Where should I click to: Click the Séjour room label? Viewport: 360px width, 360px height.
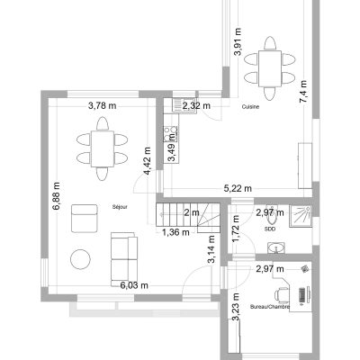[120, 207]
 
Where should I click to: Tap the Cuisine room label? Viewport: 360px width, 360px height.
[250, 106]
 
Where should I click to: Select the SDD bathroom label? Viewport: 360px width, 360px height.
[270, 229]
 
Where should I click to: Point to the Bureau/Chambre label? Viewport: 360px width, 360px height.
[270, 307]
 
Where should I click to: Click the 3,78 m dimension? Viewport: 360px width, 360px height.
[103, 105]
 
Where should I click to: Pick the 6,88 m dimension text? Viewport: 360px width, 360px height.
[56, 196]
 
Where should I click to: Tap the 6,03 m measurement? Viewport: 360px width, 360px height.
[134, 285]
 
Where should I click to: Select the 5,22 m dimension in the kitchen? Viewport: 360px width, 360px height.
[238, 188]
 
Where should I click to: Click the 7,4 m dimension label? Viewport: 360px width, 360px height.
[303, 92]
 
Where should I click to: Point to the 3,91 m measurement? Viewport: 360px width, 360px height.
[238, 41]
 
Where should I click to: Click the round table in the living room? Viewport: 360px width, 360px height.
[80, 259]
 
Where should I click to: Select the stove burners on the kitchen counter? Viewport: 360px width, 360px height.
[170, 134]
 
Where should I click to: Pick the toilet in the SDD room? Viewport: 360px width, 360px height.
[272, 215]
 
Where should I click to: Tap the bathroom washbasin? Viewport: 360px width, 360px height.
[276, 248]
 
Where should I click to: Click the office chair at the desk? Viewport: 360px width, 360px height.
[282, 294]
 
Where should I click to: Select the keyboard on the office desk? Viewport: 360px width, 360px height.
[301, 294]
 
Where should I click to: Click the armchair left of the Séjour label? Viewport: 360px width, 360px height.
[85, 219]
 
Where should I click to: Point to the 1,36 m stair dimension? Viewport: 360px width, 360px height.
[176, 232]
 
